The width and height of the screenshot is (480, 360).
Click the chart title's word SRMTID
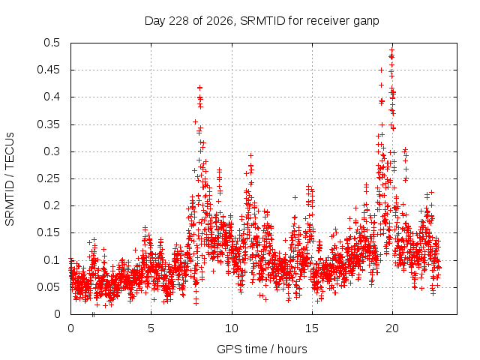point(262,21)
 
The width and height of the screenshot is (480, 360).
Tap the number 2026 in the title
point(219,21)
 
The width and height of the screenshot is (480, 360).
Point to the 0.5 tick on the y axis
point(52,43)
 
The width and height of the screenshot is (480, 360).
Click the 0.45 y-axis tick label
point(49,70)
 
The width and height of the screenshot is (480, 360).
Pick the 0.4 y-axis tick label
point(52,97)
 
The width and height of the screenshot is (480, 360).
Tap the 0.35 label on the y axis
point(49,124)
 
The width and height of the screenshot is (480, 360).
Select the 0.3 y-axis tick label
point(52,151)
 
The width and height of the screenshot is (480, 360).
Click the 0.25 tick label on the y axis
point(49,178)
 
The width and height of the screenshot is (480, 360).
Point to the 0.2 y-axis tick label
point(52,205)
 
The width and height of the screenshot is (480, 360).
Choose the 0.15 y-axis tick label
point(49,232)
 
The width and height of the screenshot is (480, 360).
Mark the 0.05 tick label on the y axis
point(49,287)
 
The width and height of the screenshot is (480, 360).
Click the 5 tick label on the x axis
point(151,328)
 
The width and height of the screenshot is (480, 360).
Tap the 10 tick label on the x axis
point(232,328)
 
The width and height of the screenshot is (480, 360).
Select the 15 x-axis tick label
point(312,328)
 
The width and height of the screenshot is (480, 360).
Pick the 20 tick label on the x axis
point(392,328)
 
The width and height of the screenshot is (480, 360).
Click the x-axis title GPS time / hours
point(262,349)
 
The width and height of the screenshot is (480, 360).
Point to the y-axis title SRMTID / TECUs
point(10,179)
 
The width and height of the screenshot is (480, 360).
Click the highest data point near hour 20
point(391,49)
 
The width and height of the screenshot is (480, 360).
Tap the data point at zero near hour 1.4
point(93,314)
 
